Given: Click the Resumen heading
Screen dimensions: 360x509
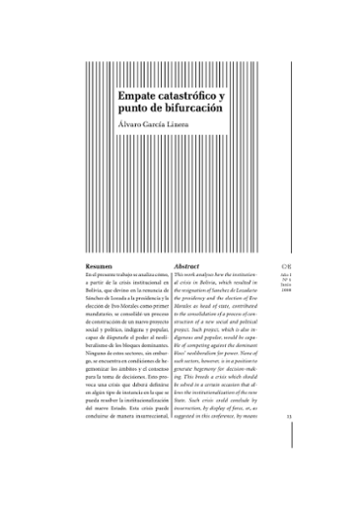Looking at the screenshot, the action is (100, 266).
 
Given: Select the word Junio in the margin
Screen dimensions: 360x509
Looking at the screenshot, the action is (284, 286).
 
